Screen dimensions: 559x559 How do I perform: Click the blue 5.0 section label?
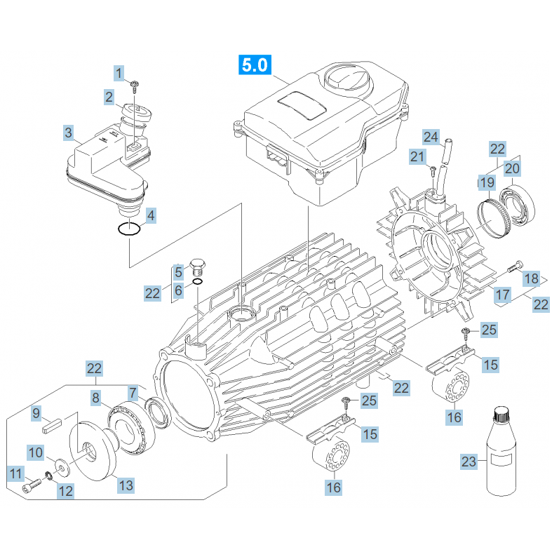254,66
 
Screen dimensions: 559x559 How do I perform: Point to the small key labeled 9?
51,423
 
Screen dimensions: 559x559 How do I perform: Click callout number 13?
126,485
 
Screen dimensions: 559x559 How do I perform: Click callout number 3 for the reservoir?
68,133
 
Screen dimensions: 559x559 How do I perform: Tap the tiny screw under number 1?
134,85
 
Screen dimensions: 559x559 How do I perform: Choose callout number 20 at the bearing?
512,168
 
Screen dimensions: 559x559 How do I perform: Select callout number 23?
469,462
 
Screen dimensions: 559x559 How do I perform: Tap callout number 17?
502,295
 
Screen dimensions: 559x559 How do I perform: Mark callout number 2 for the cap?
109,97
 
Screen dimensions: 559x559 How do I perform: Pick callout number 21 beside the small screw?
418,156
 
